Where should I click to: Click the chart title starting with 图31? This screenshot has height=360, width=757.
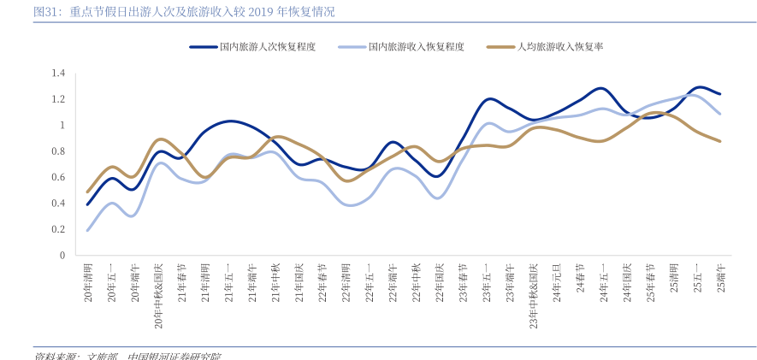point(183,12)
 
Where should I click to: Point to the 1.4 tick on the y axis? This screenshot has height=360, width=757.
point(57,74)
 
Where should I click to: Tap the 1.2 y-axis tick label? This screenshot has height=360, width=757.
point(57,99)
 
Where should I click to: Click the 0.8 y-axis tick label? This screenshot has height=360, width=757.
point(57,151)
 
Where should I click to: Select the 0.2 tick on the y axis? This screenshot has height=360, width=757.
point(57,229)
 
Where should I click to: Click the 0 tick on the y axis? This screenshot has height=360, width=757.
point(62,255)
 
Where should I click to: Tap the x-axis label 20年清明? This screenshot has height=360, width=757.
point(88,282)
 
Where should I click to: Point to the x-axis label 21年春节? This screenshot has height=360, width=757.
point(182,282)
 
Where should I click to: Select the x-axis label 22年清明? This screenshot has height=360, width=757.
point(346,282)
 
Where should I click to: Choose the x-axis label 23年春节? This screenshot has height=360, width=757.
point(463,282)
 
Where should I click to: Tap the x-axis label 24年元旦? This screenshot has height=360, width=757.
point(557,282)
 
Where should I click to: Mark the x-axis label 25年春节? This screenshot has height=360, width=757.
point(650,282)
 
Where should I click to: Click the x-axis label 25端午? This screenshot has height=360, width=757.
point(721,278)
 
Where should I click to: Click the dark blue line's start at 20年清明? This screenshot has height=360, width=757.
point(88,204)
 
